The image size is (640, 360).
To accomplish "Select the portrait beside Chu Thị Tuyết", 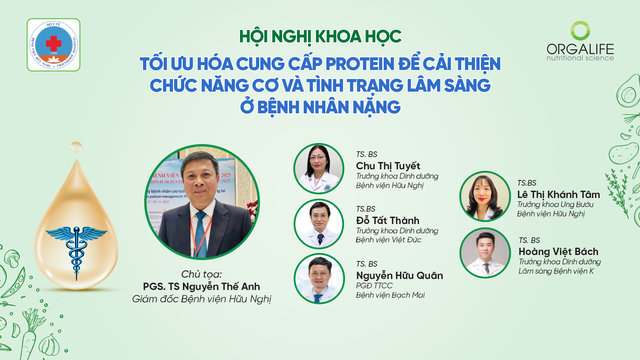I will (x=317, y=168).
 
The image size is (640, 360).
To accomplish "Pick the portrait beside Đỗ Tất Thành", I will (x=317, y=224).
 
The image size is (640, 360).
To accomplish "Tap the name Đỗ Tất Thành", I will (x=389, y=220).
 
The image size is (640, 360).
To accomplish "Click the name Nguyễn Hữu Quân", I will (x=398, y=276).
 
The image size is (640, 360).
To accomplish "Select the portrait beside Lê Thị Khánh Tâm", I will (x=481, y=196).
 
